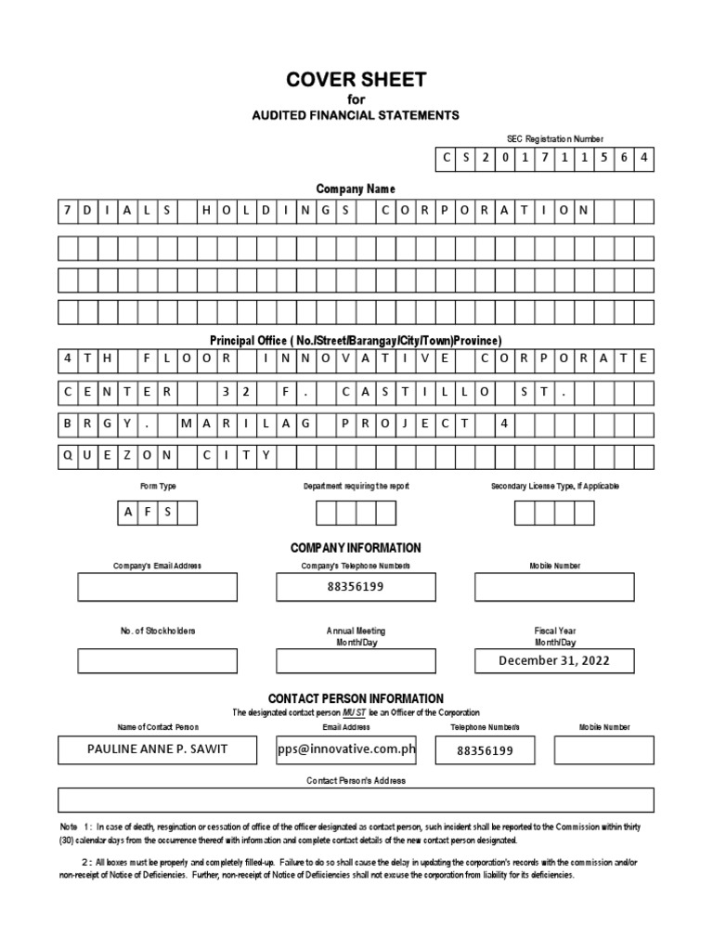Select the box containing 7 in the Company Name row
coord(68,211)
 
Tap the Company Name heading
coord(356,189)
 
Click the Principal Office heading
coord(356,341)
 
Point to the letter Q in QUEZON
coord(68,456)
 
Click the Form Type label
coord(158,486)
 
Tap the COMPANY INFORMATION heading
coord(356,548)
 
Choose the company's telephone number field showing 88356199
coord(356,587)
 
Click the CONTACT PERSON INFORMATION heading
coord(356,698)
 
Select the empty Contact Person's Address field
coord(356,800)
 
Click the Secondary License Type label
coord(554,486)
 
